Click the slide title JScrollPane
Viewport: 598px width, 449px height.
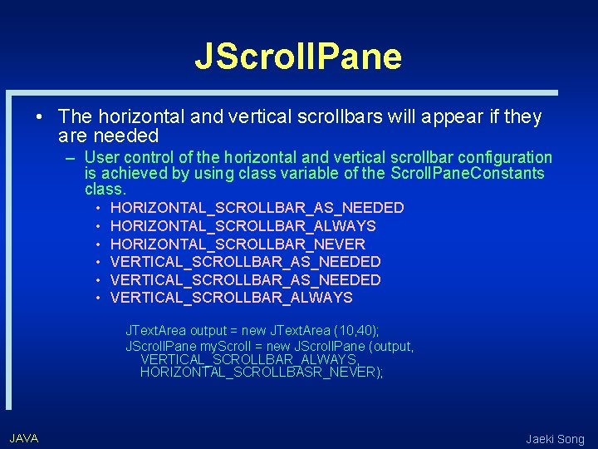(298, 56)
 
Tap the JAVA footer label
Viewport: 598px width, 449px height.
(24, 437)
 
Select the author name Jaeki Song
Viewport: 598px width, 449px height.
(555, 439)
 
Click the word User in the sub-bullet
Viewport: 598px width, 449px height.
(101, 157)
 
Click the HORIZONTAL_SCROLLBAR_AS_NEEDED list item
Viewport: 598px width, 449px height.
(257, 208)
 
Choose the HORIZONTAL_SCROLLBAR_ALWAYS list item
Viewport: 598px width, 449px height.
(243, 226)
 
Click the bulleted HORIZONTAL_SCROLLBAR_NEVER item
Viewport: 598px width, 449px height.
(238, 244)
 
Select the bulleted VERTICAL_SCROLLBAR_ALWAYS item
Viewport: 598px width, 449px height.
(231, 298)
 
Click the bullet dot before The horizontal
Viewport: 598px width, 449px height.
(39, 118)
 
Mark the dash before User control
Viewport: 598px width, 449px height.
(72, 158)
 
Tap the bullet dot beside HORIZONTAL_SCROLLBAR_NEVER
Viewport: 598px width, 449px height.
(98, 244)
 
